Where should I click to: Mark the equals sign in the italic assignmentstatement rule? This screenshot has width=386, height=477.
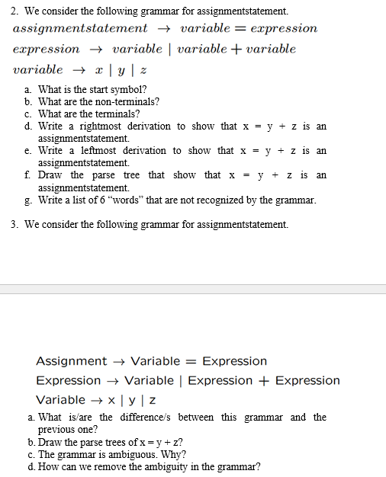(235, 28)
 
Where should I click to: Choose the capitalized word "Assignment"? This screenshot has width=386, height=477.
(72, 361)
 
